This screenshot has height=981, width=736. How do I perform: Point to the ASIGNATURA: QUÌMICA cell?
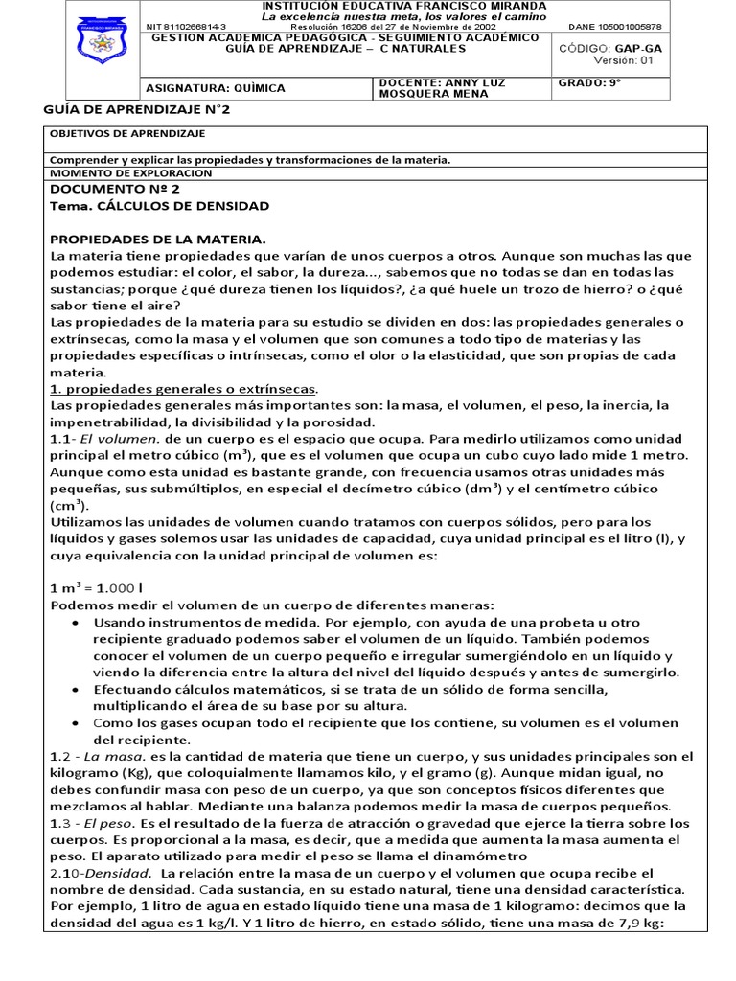coord(215,88)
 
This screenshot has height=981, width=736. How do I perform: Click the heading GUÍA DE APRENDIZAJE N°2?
coord(137,110)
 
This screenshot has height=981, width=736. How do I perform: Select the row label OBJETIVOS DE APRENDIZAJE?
coord(127,134)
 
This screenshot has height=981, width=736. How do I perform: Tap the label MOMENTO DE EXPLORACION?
coord(129,173)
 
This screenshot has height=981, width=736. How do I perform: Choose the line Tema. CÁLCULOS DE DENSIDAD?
coord(159,206)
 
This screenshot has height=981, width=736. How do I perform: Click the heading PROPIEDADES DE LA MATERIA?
coord(158,239)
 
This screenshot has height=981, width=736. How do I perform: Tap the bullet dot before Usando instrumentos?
coord(76,623)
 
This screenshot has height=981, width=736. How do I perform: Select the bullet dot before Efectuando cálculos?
coord(76,690)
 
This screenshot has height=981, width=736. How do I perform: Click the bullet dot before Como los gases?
coord(76,724)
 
